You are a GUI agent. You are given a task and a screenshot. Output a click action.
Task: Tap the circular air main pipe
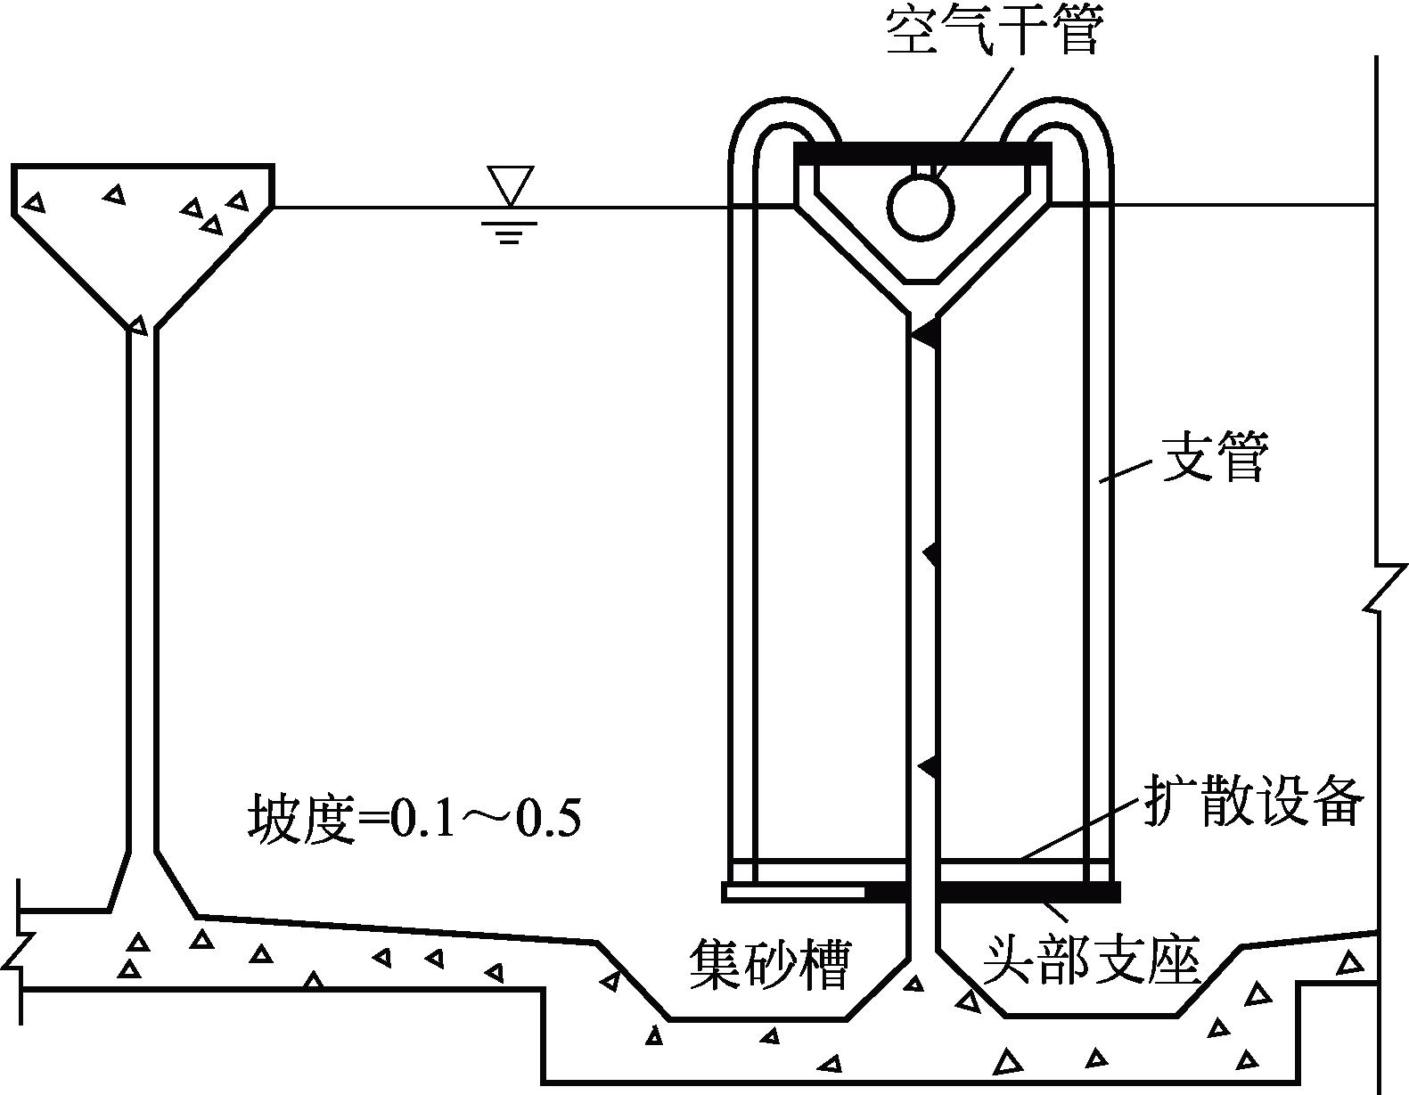921,207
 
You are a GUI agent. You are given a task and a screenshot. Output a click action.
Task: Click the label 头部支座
1092,960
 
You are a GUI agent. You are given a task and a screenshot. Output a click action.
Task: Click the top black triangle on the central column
925,334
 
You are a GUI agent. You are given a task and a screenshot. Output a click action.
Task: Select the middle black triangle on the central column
930,554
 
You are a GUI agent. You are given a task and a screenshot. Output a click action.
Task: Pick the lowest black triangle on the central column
929,765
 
